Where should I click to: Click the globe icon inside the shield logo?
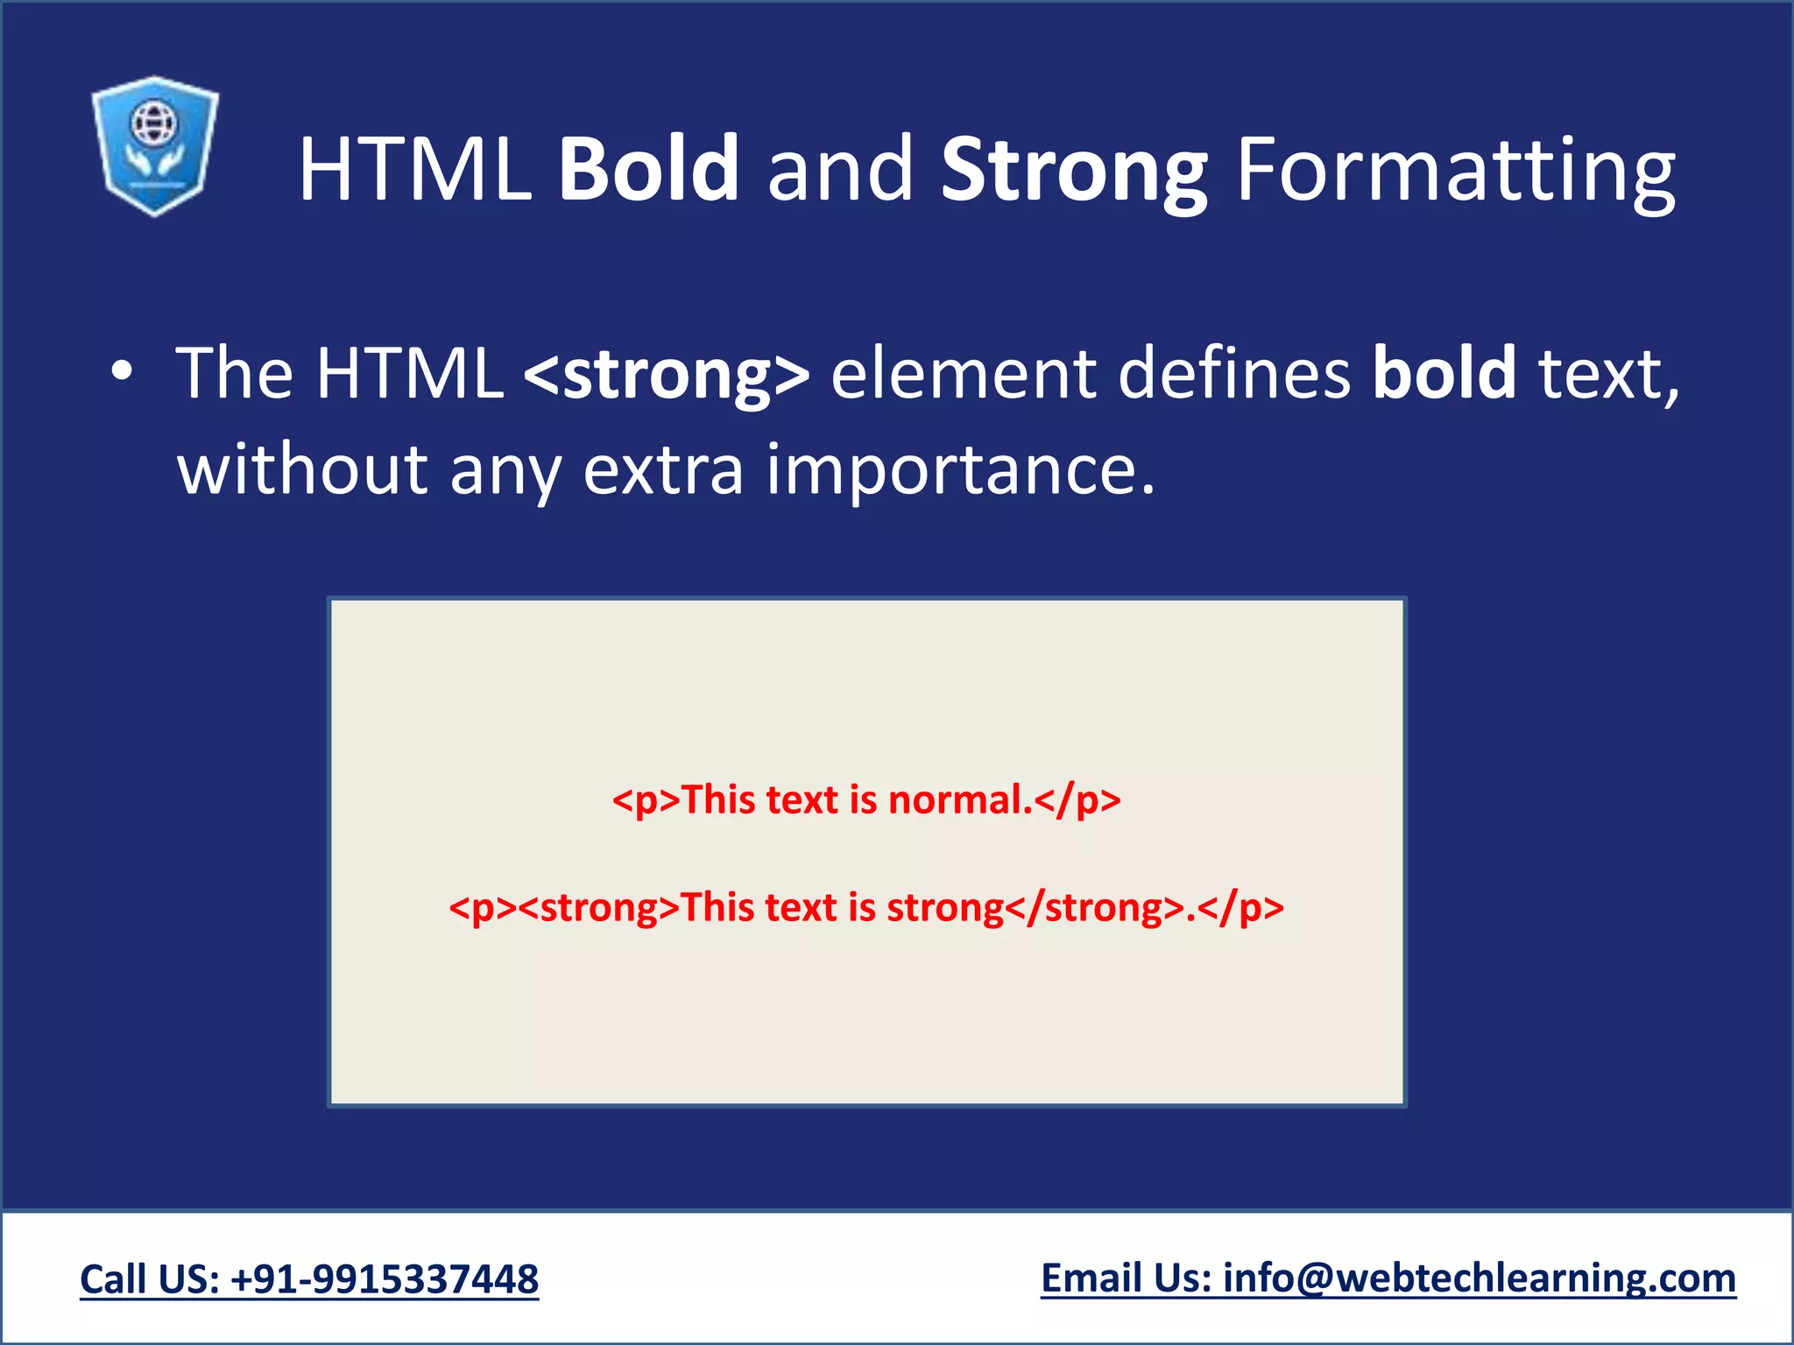(154, 123)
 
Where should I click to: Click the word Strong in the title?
(1074, 171)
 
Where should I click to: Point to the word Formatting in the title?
(1455, 171)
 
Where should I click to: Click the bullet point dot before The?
(122, 373)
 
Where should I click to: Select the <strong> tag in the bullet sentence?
(667, 375)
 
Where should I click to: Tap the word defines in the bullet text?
(1234, 374)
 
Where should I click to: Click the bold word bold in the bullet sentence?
(1444, 374)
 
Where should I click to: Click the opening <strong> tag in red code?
(599, 908)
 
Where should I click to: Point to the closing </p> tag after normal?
(1078, 800)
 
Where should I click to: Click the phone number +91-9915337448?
(385, 1279)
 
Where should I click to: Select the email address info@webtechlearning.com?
(1480, 1278)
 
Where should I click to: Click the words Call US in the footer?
(149, 1279)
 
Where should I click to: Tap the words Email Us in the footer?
(1126, 1278)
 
